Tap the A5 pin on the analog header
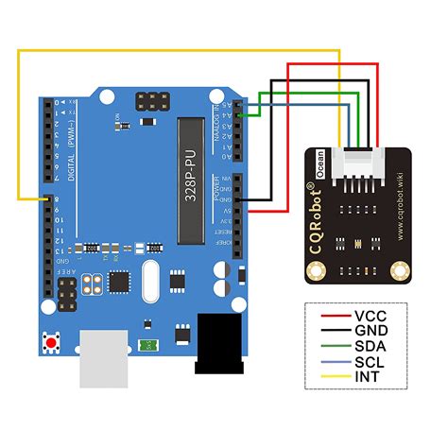coord(240,103)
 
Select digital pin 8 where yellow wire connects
coord(44,199)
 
